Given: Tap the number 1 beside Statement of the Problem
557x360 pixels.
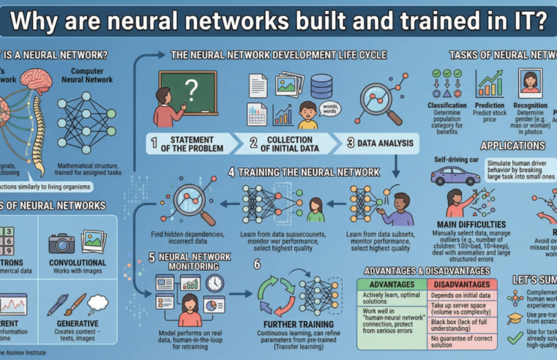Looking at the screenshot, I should (154, 143).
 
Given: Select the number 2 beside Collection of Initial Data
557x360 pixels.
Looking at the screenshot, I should (253, 143).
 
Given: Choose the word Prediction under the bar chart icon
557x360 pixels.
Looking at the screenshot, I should (489, 105).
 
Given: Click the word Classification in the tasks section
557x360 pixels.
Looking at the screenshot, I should (447, 105).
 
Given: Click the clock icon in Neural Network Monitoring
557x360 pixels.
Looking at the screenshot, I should (214, 283).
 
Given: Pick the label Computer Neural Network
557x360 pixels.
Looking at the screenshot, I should (91, 75).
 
